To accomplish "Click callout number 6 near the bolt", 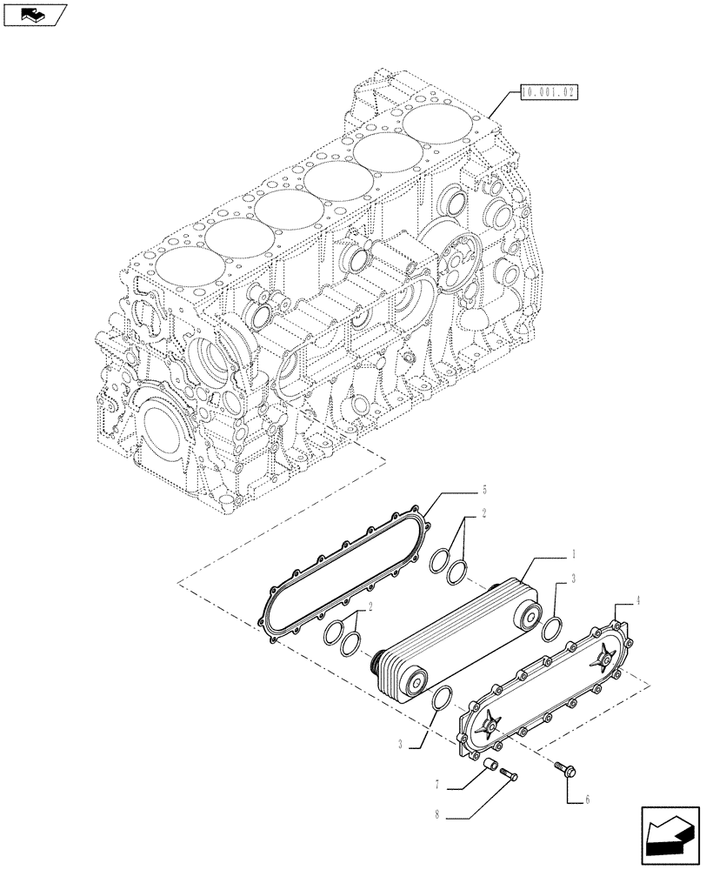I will click(588, 798).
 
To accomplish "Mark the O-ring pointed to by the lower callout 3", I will click(442, 699).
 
